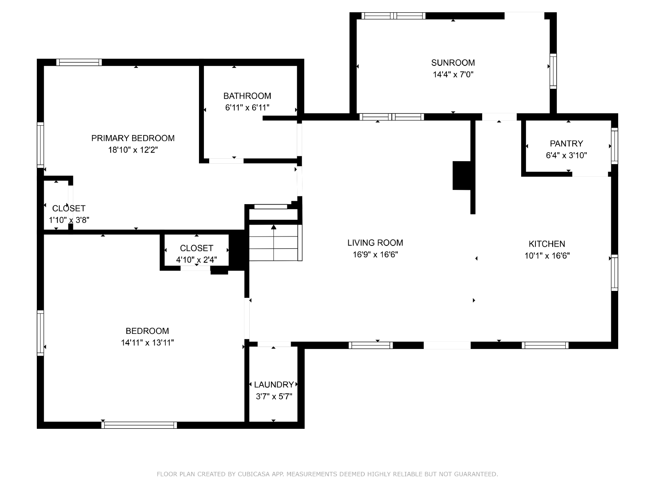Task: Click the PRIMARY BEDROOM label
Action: tap(133, 138)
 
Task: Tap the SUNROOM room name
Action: tap(453, 63)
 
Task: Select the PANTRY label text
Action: tap(567, 143)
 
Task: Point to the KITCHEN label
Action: tap(547, 244)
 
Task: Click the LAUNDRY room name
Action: tap(274, 385)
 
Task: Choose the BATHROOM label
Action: tap(247, 96)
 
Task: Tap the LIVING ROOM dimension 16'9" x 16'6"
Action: tap(375, 254)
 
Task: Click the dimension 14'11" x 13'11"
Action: tap(147, 342)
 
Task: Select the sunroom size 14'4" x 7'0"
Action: tap(453, 74)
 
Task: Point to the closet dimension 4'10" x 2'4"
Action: tap(196, 260)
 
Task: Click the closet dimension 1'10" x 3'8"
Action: tap(69, 220)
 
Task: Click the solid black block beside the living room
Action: tap(462, 175)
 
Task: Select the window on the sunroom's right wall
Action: tap(553, 71)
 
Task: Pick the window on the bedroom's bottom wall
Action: tap(139, 425)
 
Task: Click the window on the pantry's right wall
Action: tap(614, 146)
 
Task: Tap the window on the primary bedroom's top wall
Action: tap(79, 62)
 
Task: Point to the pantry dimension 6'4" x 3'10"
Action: tap(567, 155)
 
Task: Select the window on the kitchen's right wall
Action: tap(614, 273)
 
